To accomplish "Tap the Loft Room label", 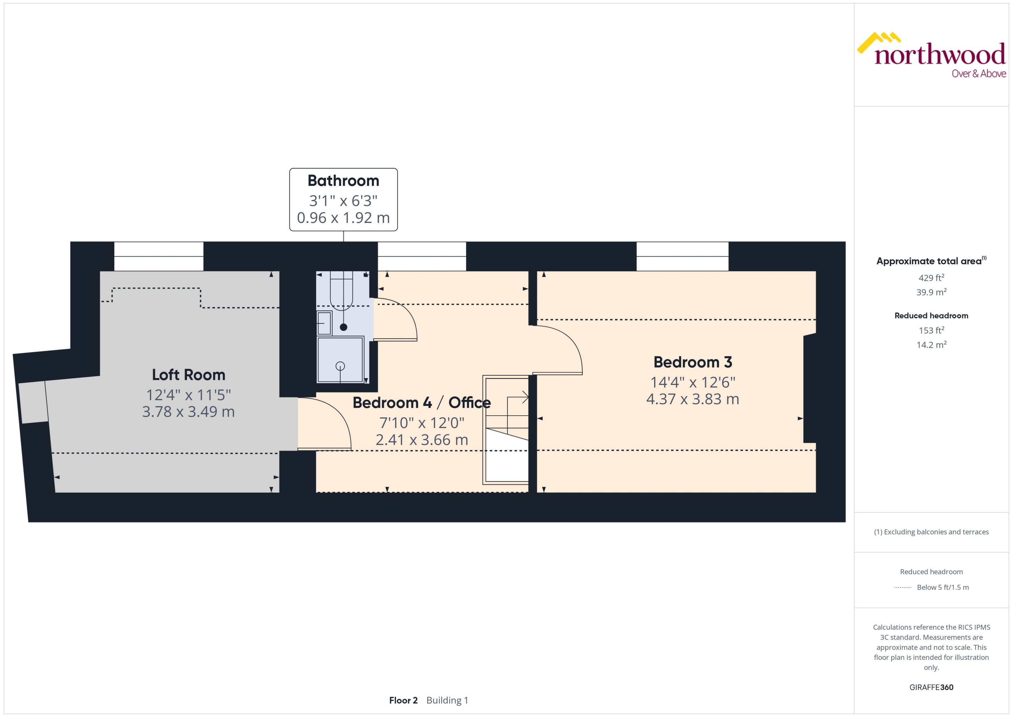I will tap(188, 375).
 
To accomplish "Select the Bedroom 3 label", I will tap(693, 362).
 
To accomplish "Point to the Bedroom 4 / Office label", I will tap(421, 403).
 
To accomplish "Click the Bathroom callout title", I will tap(343, 181).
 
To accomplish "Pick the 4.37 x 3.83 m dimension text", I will tap(693, 399).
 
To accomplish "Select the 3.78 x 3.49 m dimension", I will tap(188, 412).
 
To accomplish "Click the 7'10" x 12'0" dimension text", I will tap(421, 423).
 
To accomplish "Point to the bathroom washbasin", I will tap(324, 323).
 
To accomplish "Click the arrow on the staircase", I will tap(519, 397).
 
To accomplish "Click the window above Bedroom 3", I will tap(682, 256).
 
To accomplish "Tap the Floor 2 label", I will tap(403, 700).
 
